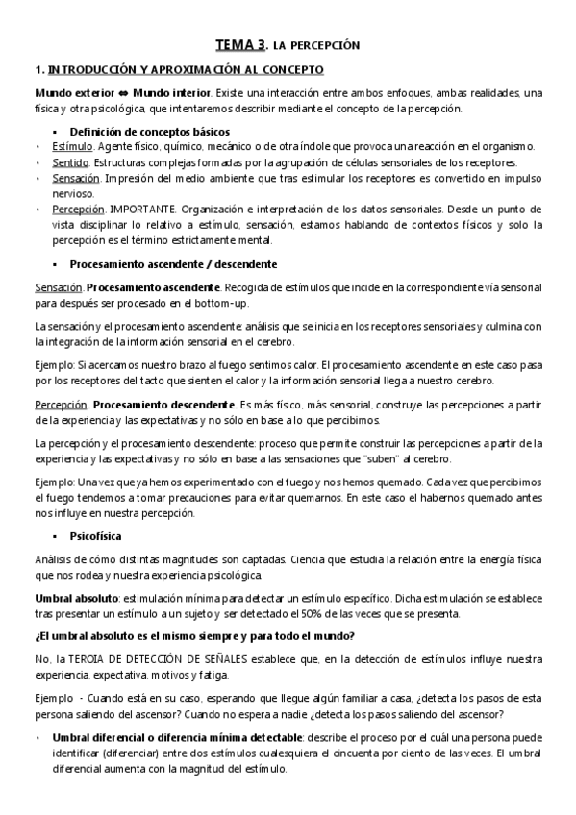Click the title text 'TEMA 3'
239,44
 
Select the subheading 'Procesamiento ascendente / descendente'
174,263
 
